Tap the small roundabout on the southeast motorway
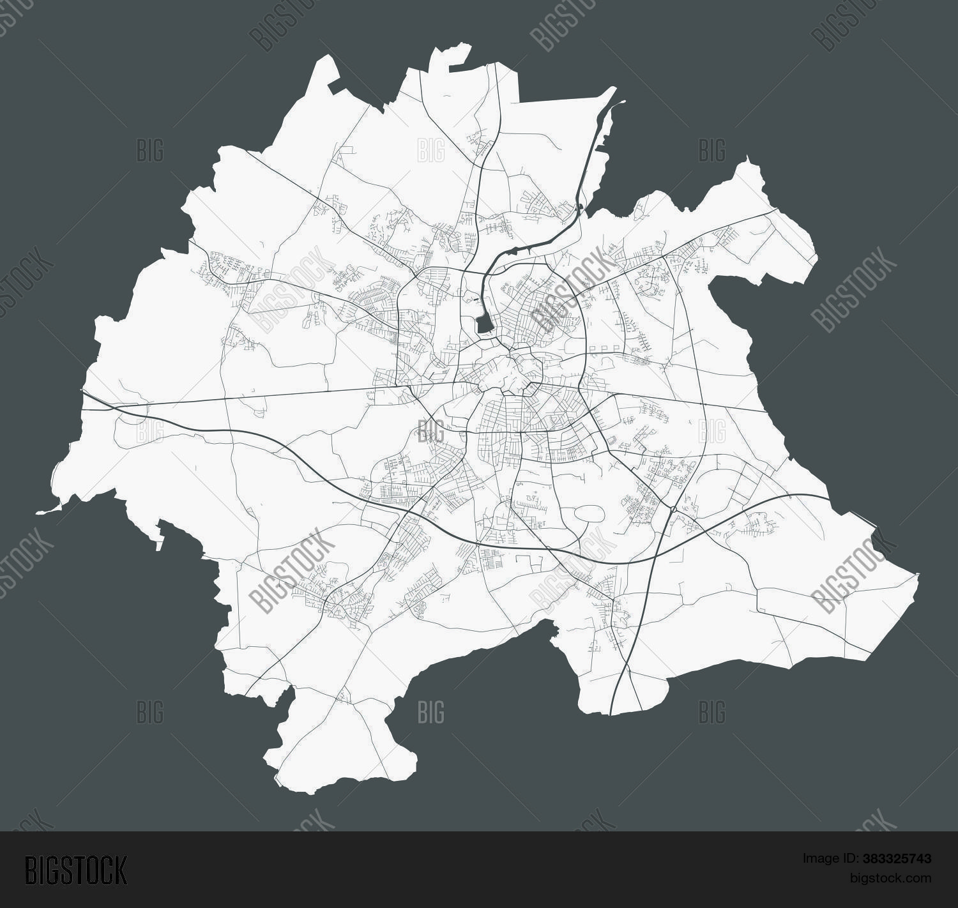tap(674, 509)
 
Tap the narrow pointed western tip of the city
tap(38, 512)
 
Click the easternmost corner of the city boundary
tap(918, 575)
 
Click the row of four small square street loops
tap(603, 348)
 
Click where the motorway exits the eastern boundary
tap(828, 499)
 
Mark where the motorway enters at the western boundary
tap(83, 393)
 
